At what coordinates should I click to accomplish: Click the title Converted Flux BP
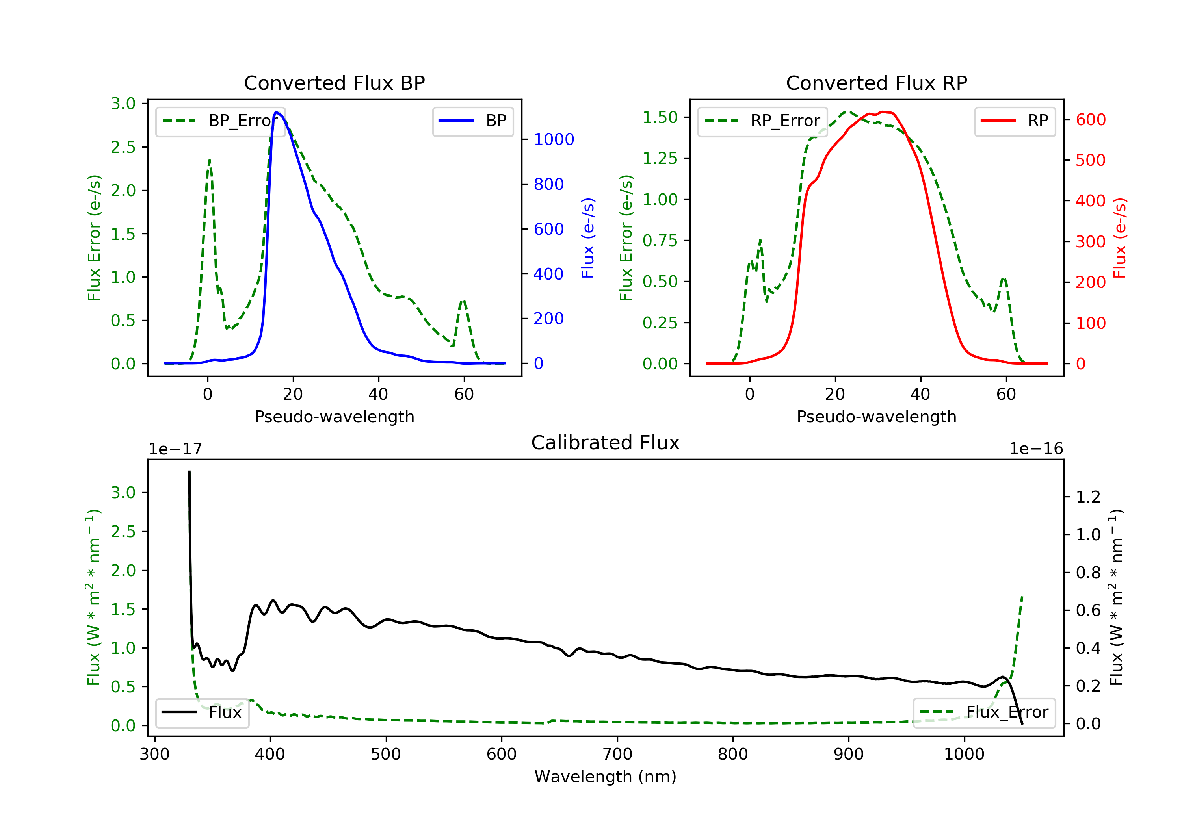click(334, 83)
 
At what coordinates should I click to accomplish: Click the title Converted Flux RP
click(876, 83)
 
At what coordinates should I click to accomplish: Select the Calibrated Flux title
click(606, 443)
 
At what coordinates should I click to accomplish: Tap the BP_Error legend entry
click(220, 121)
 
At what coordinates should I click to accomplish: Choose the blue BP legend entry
click(472, 121)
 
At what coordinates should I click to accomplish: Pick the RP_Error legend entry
click(762, 121)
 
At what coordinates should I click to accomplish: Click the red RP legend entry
click(1015, 121)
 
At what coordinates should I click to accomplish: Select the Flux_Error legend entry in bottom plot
click(984, 712)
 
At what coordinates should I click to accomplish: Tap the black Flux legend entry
click(202, 712)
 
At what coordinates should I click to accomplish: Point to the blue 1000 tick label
click(554, 139)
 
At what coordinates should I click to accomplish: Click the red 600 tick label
click(1090, 120)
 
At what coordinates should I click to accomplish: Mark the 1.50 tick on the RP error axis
click(660, 117)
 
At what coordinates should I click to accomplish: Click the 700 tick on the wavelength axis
click(617, 755)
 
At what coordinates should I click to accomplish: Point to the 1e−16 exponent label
click(1036, 449)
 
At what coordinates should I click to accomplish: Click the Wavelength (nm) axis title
click(606, 777)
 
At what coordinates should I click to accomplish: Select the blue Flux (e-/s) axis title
click(588, 238)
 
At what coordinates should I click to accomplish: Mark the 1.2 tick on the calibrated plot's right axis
click(1088, 497)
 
